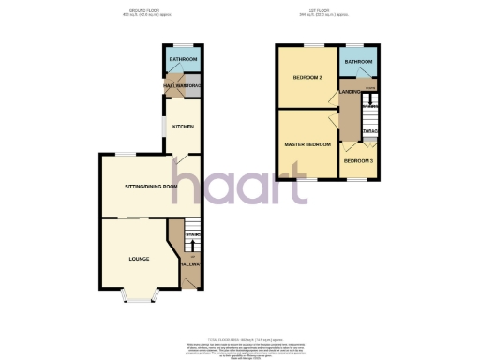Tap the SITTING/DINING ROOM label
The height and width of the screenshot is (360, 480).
pos(151,187)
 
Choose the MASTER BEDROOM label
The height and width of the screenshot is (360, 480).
pos(308,143)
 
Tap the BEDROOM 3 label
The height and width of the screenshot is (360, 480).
pos(358,161)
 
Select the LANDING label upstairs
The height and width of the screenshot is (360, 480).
pos(349,91)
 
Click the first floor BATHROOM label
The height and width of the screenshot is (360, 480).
pos(358,62)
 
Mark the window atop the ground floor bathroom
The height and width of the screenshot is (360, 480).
pos(181,46)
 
